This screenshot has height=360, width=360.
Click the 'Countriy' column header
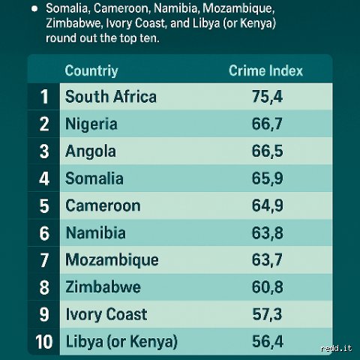tap(91, 70)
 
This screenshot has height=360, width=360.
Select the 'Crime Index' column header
tap(265, 70)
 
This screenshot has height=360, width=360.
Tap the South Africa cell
tap(111, 97)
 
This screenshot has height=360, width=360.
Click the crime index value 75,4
tap(267, 97)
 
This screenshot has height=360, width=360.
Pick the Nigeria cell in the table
tap(91, 124)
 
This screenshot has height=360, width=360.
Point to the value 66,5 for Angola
tap(267, 151)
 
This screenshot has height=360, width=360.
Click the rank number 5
tap(44, 206)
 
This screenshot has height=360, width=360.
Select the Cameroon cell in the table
tap(103, 205)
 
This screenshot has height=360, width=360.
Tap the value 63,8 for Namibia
tap(267, 233)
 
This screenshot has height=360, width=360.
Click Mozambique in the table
tap(112, 260)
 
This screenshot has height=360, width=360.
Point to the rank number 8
tap(44, 287)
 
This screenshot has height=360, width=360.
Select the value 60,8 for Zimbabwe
tap(267, 287)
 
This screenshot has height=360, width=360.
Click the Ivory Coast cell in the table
tap(106, 314)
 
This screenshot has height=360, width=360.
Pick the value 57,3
tap(267, 314)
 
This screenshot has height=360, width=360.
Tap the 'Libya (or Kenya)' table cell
tap(121, 341)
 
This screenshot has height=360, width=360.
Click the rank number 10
tap(44, 342)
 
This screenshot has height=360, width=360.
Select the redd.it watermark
tap(337, 348)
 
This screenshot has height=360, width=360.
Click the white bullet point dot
tap(34, 9)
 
